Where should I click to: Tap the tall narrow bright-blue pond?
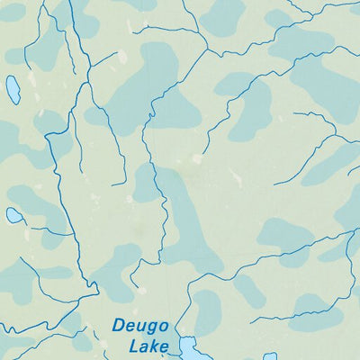(x=13, y=90)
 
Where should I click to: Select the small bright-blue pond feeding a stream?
(x=14, y=215)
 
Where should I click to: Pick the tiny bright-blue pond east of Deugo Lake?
(x=270, y=356)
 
